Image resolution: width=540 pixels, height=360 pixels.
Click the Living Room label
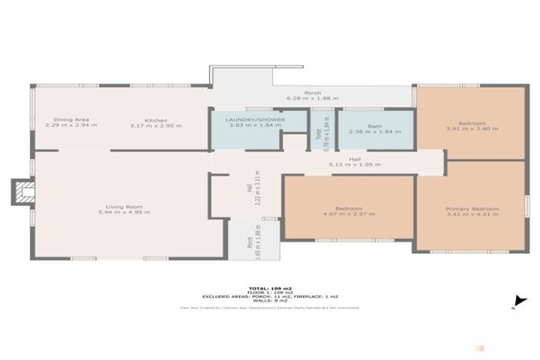(x=125, y=207)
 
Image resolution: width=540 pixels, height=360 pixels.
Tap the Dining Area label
(x=70, y=120)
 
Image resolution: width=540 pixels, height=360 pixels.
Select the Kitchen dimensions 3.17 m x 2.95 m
(x=156, y=126)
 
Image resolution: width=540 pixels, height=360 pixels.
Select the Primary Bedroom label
(x=472, y=209)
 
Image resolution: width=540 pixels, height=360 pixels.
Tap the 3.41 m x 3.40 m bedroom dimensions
(x=472, y=129)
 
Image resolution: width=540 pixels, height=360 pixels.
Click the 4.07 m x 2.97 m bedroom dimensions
(x=349, y=214)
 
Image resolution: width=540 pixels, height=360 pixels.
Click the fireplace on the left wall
(x=24, y=192)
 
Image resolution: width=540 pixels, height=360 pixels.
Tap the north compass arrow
(x=519, y=300)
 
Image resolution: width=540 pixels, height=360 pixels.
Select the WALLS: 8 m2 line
(x=270, y=301)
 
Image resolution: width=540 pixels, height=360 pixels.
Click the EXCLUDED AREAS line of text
(x=270, y=297)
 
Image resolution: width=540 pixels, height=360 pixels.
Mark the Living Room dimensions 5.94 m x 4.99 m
(x=125, y=212)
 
